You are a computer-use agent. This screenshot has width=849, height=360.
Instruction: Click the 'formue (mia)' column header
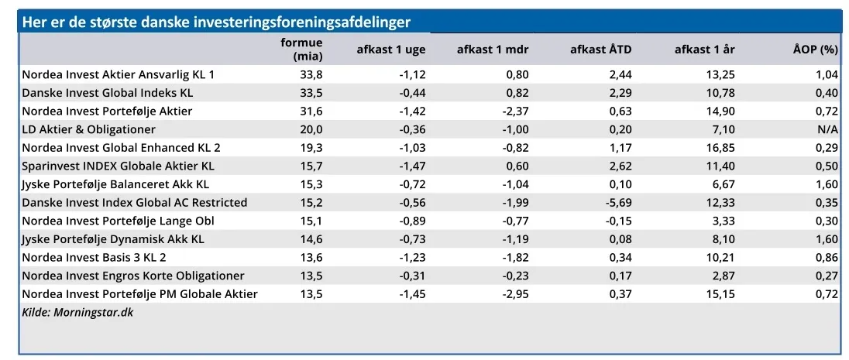pyautogui.click(x=301, y=49)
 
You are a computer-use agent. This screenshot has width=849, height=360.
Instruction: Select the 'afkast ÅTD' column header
pyautogui.click(x=600, y=50)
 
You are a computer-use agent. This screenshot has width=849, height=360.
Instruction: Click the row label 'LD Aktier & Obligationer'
pyautogui.click(x=88, y=129)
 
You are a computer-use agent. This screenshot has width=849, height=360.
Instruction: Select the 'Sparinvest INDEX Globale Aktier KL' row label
pyautogui.click(x=118, y=166)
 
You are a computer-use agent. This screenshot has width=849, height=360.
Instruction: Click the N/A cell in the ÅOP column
pyautogui.click(x=827, y=129)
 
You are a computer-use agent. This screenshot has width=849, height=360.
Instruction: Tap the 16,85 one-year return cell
pyautogui.click(x=720, y=148)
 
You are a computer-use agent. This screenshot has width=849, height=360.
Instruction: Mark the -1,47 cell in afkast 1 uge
pyautogui.click(x=411, y=166)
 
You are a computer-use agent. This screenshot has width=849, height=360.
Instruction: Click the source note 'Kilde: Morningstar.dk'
pyautogui.click(x=77, y=312)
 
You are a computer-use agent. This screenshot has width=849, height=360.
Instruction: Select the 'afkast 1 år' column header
pyautogui.click(x=705, y=50)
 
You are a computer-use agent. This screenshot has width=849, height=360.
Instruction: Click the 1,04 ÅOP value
pyautogui.click(x=827, y=74)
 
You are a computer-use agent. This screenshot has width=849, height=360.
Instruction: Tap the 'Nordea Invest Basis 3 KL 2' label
pyautogui.click(x=94, y=258)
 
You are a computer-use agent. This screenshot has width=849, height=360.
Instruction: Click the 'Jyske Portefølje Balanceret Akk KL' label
pyautogui.click(x=115, y=184)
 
